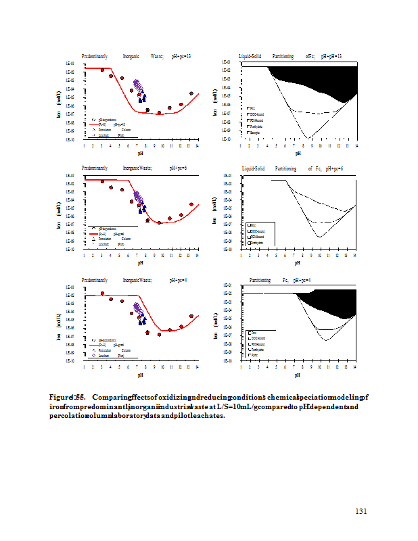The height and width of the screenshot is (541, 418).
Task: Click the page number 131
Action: pos(361,511)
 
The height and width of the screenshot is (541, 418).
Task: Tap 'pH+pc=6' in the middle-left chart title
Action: pos(180,167)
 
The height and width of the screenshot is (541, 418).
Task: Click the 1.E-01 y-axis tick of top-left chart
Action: pos(69,64)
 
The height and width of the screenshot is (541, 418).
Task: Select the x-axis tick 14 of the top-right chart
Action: pos(356,146)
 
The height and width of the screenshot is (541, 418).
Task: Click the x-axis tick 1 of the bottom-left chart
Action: pos(84,367)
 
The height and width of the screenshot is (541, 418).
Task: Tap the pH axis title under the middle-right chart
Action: pos(298,263)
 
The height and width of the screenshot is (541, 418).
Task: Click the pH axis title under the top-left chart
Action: pos(140,154)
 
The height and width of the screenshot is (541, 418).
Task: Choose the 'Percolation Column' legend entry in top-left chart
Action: pos(110,129)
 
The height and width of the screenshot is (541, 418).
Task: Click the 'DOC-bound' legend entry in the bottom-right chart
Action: pos(257,337)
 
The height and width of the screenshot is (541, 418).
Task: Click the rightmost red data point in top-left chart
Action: pos(191,93)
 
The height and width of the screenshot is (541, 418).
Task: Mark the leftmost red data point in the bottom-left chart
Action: pos(102,293)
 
